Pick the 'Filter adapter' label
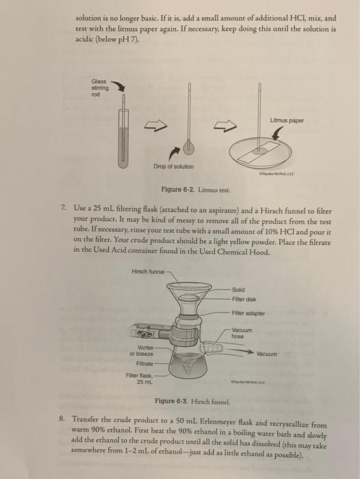248,313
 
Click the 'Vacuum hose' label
243,334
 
